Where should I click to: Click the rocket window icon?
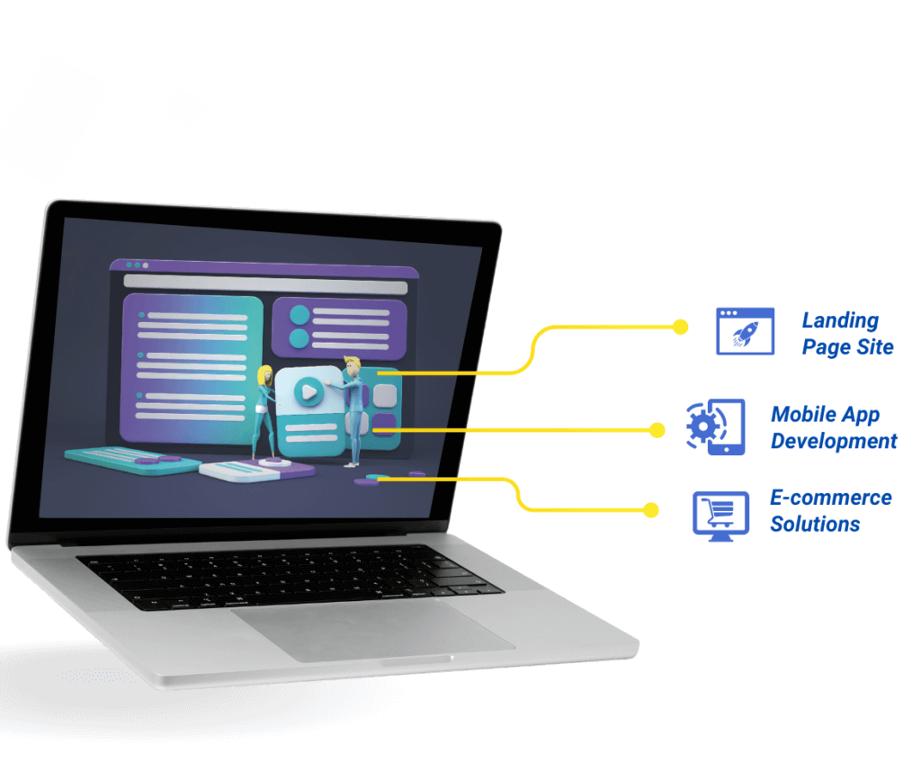[x=745, y=331]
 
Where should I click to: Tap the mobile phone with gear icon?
[x=716, y=426]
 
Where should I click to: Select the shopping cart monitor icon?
[x=720, y=514]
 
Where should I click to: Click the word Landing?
[x=840, y=320]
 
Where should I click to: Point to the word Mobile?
[x=800, y=415]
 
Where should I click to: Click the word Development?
[x=834, y=441]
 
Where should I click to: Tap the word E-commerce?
[x=830, y=498]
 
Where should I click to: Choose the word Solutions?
[x=815, y=524]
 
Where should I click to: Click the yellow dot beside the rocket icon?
[x=681, y=327]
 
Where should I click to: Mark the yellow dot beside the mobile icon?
[x=657, y=431]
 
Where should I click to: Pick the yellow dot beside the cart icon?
[x=651, y=510]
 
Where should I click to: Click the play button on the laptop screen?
[x=308, y=391]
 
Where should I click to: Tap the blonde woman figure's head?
[x=264, y=373]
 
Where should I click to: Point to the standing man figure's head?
[x=351, y=366]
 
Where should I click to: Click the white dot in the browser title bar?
[x=145, y=265]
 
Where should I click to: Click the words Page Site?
[x=847, y=347]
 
